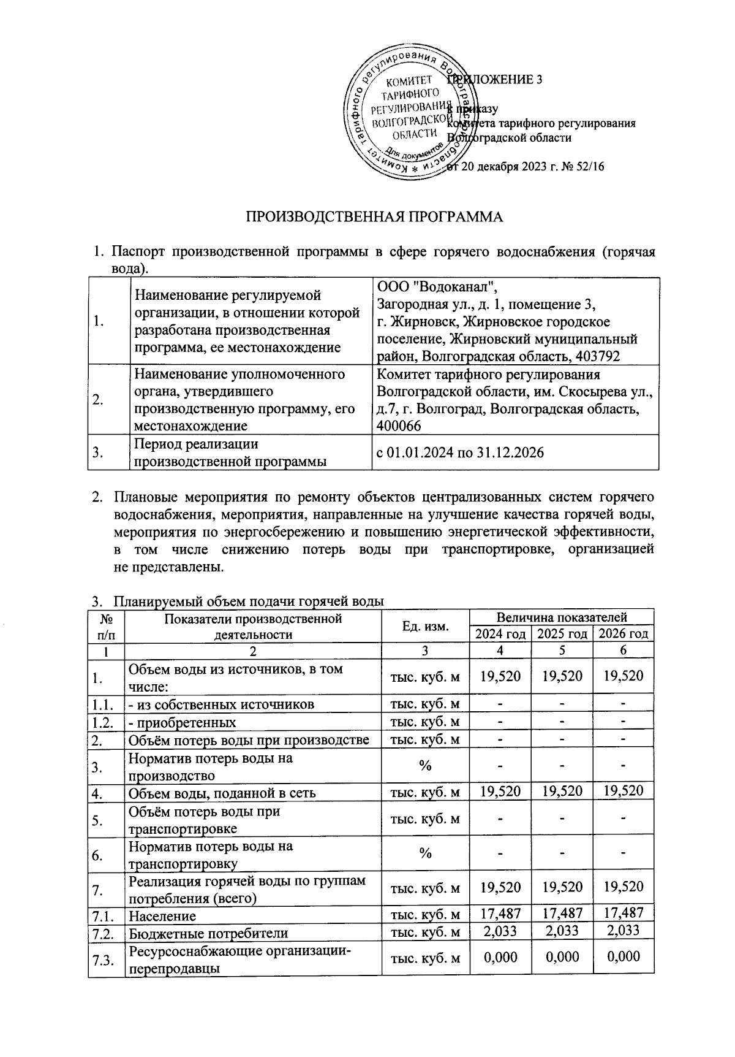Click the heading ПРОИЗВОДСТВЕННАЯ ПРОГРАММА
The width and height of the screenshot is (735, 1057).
tap(374, 217)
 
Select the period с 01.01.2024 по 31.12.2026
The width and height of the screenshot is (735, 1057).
tap(460, 452)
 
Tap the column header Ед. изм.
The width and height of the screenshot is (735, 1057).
tap(426, 625)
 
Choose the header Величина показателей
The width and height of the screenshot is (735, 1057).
tap(562, 617)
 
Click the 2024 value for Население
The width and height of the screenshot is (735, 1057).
tap(500, 915)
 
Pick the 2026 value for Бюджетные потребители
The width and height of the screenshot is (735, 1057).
tap(623, 931)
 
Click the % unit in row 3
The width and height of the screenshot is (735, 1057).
tap(426, 766)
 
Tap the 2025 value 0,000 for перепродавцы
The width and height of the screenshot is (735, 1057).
tap(562, 957)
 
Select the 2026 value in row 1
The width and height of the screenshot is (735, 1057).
tap(623, 676)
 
